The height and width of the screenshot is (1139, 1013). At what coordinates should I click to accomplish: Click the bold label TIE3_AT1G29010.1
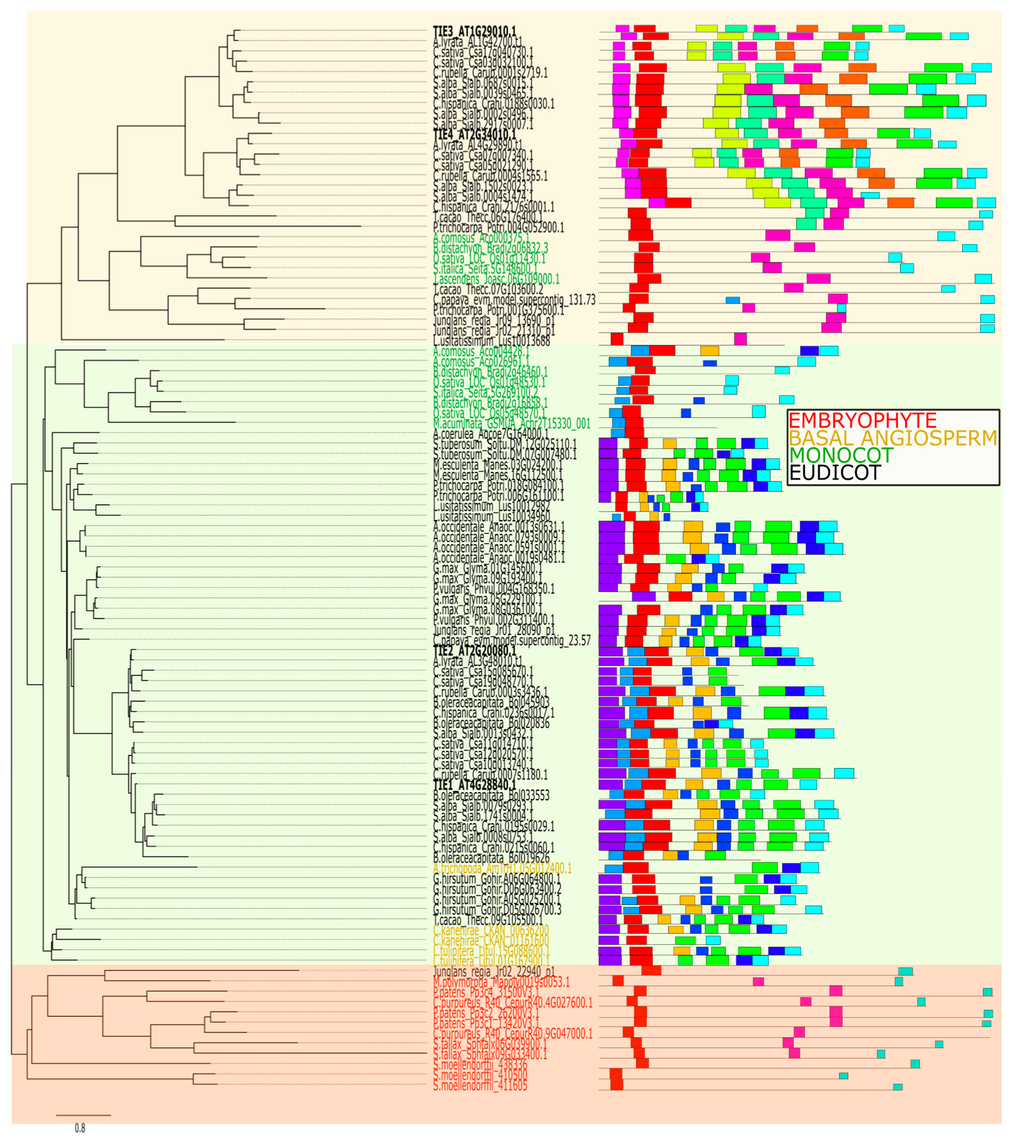(x=474, y=31)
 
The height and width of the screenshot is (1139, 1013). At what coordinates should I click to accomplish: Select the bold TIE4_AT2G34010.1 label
(x=474, y=134)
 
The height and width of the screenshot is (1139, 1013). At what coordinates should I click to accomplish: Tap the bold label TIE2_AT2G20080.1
(x=474, y=651)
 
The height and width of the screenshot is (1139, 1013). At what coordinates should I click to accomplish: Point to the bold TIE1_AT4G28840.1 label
(x=474, y=785)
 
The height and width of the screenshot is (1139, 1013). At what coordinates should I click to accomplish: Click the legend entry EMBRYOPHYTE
(x=861, y=420)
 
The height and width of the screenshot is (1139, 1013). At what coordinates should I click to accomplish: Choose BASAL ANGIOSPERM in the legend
(x=892, y=438)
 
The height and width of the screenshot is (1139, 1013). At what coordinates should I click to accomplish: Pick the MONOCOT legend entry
(x=840, y=455)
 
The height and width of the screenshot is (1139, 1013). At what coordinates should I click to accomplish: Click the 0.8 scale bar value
(x=80, y=1128)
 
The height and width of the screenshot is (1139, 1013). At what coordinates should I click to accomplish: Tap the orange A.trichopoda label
(x=502, y=868)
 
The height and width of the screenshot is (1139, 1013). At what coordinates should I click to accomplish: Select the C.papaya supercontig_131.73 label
(x=514, y=299)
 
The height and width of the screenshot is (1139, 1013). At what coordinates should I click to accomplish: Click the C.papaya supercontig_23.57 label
(x=511, y=641)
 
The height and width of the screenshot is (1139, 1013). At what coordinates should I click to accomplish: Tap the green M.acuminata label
(x=511, y=424)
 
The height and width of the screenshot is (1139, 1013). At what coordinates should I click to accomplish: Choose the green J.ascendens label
(x=496, y=279)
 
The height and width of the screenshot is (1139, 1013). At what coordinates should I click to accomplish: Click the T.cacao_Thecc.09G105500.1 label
(x=488, y=920)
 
